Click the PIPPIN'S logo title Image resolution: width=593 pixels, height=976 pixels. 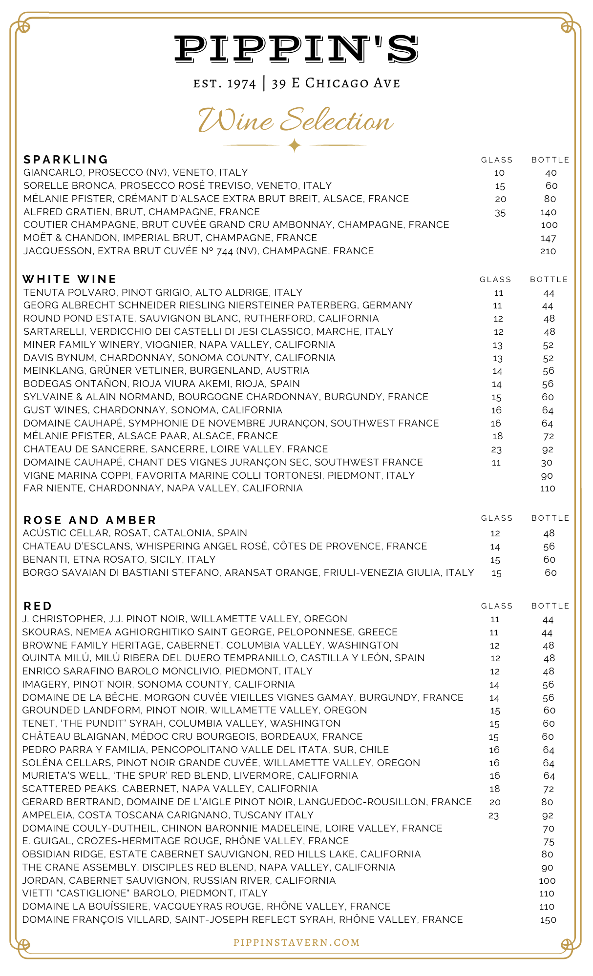[x=296, y=49]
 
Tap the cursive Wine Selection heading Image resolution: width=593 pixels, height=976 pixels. [x=296, y=120]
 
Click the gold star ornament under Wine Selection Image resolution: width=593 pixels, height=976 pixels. [x=295, y=145]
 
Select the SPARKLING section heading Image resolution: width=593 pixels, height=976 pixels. [x=66, y=160]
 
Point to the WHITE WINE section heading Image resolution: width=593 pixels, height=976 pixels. [x=69, y=279]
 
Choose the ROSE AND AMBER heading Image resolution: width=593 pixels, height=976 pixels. [x=90, y=520]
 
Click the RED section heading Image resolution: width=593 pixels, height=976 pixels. [x=38, y=606]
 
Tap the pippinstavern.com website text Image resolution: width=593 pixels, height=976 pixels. [x=296, y=942]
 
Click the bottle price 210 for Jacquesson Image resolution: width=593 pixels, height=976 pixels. [x=548, y=251]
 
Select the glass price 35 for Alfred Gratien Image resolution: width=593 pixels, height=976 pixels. [x=500, y=213]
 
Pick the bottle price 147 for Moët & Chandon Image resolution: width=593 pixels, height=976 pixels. [x=548, y=239]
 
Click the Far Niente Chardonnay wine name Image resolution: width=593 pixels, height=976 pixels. [x=163, y=488]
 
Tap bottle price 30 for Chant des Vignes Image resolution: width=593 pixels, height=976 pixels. [x=547, y=463]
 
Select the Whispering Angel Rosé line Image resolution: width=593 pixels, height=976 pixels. [x=225, y=547]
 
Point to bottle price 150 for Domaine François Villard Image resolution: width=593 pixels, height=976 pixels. [x=548, y=920]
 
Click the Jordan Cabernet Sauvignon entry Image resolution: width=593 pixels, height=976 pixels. [x=179, y=880]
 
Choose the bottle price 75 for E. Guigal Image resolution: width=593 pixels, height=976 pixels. [x=549, y=842]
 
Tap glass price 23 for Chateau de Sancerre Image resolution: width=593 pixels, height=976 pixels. [x=496, y=450]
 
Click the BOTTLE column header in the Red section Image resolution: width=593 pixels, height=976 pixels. [x=551, y=606]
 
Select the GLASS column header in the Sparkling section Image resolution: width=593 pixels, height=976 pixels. [x=497, y=160]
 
